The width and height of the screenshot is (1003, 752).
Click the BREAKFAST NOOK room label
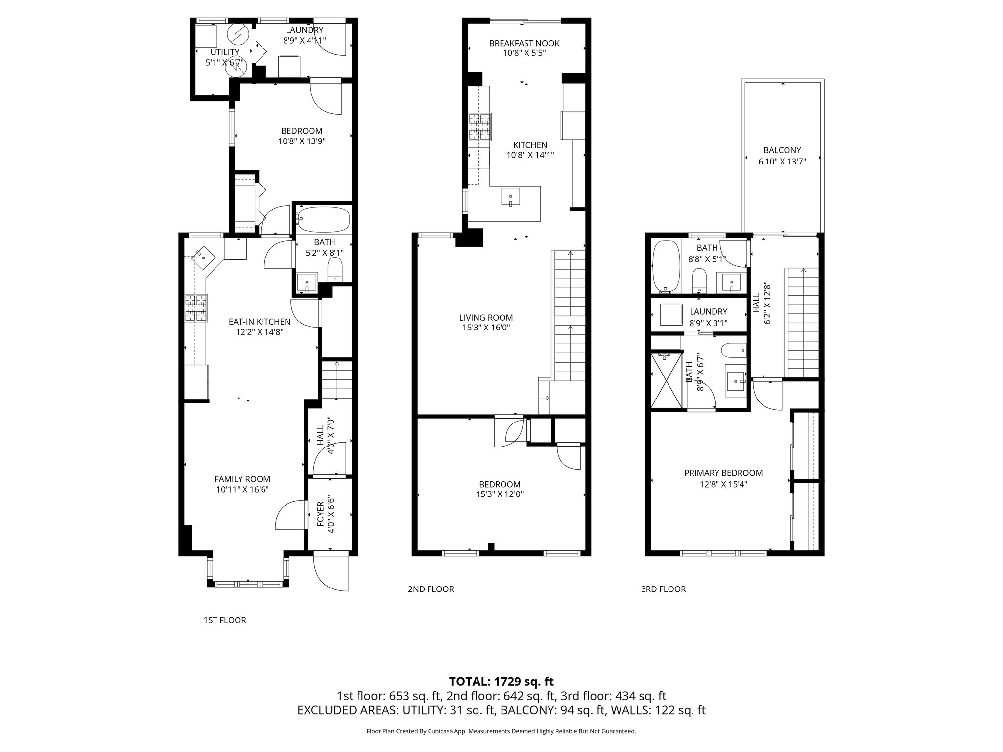tap(524, 43)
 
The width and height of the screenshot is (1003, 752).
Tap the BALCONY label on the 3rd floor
tap(782, 150)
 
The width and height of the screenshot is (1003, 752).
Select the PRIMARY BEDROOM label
tap(723, 473)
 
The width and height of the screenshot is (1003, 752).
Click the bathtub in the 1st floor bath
tap(323, 220)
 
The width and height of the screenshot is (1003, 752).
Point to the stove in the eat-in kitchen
tap(196, 308)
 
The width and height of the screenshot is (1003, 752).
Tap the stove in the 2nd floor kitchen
tap(480, 127)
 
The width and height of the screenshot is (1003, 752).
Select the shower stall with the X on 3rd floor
tap(666, 381)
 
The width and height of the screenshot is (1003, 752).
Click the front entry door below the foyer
tap(331, 572)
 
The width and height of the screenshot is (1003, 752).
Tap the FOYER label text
tap(321, 514)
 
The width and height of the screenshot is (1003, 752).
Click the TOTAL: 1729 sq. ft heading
tap(501, 681)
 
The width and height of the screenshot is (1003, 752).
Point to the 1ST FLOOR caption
tap(225, 620)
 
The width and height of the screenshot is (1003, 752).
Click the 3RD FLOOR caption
tap(663, 589)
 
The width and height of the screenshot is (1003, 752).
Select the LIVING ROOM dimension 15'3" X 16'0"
tap(486, 328)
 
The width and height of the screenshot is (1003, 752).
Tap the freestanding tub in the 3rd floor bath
tap(667, 267)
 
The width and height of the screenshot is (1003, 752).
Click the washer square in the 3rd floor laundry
tap(671, 314)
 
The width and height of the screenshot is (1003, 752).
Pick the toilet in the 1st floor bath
tap(335, 270)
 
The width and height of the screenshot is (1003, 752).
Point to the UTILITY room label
tap(225, 52)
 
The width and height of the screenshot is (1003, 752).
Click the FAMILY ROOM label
tap(242, 479)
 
